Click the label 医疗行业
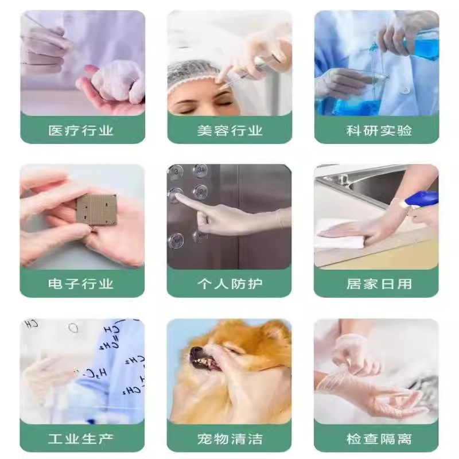tap(81, 130)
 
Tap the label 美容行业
tap(229, 130)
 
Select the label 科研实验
tap(379, 130)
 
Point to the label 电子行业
tap(81, 284)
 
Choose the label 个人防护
tap(229, 284)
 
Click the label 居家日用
tap(379, 284)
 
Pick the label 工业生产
tap(81, 439)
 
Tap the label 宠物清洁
tap(229, 439)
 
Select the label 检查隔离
tap(379, 439)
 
